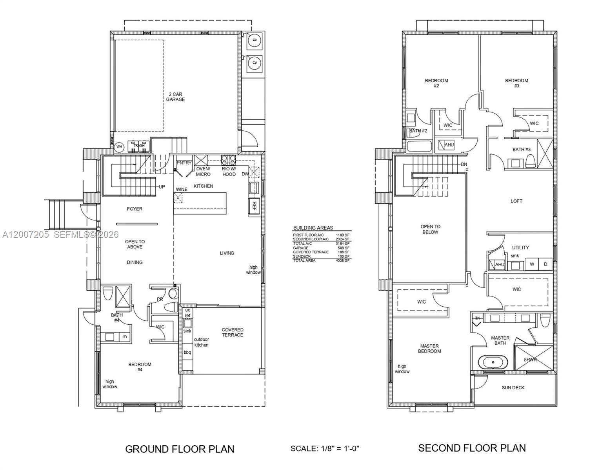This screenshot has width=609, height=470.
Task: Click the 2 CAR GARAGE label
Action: [175, 97]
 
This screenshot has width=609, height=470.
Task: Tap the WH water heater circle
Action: [119, 147]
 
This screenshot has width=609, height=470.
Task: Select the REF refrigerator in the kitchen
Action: [254, 206]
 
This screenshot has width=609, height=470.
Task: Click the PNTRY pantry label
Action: [184, 163]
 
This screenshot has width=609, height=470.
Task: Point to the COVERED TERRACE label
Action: [233, 333]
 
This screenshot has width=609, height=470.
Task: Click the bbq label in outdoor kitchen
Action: [187, 352]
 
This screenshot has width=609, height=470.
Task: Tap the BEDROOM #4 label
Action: [140, 367]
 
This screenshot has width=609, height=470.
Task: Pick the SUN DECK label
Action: [513, 388]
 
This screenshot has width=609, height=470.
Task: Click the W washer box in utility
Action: [532, 264]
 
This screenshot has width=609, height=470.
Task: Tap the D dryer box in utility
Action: [545, 264]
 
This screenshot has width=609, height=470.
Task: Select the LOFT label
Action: [516, 201]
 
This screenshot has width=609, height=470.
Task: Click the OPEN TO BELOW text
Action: [430, 229]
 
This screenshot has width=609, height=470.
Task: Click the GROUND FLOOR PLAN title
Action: [180, 449]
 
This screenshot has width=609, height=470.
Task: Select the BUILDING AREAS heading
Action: [313, 228]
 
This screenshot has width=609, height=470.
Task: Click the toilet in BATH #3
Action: [530, 161]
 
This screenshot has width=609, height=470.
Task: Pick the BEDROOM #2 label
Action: [436, 83]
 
